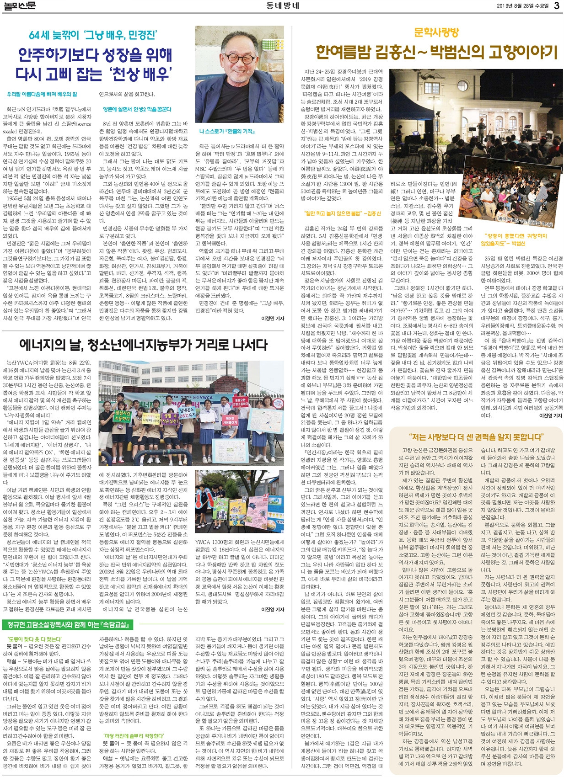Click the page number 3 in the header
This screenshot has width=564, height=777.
click(556, 5)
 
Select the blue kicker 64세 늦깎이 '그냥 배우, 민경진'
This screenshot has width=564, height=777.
click(93, 35)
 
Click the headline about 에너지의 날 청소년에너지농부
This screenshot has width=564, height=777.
click(143, 344)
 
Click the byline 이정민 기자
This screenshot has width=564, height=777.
click(272, 319)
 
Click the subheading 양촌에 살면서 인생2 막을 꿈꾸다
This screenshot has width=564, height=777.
click(137, 110)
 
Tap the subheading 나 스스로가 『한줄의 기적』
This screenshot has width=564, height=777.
click(227, 132)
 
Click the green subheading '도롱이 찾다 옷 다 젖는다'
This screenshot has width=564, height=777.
click(35, 639)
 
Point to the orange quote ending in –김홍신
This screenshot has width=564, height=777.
click(343, 213)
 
